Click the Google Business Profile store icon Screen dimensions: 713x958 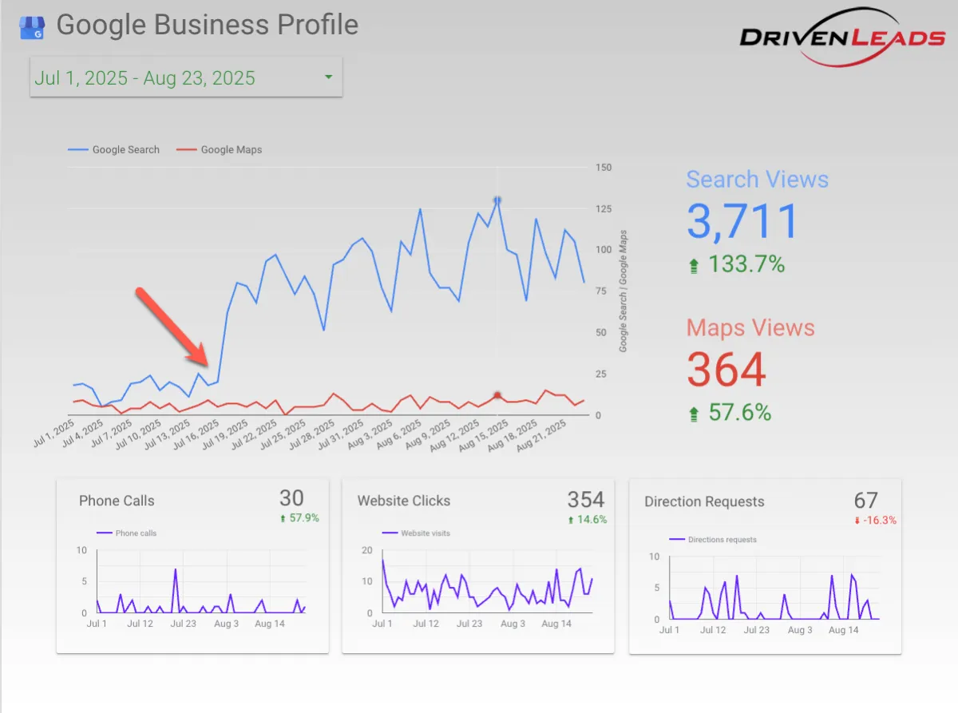33,27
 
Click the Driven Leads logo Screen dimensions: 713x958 842,37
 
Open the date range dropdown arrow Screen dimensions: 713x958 328,77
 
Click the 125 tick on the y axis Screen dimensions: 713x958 604,208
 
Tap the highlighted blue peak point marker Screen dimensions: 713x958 497,200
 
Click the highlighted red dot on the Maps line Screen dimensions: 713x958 497,395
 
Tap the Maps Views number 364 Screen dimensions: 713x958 726,369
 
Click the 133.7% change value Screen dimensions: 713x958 746,263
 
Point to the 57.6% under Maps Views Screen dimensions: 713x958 739,412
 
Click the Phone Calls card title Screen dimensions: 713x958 117,501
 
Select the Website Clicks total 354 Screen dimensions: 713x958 585,500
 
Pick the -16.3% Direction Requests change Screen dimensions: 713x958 879,521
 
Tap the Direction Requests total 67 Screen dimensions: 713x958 865,501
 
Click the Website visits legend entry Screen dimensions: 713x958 425,533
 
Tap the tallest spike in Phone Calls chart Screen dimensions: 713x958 175,569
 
